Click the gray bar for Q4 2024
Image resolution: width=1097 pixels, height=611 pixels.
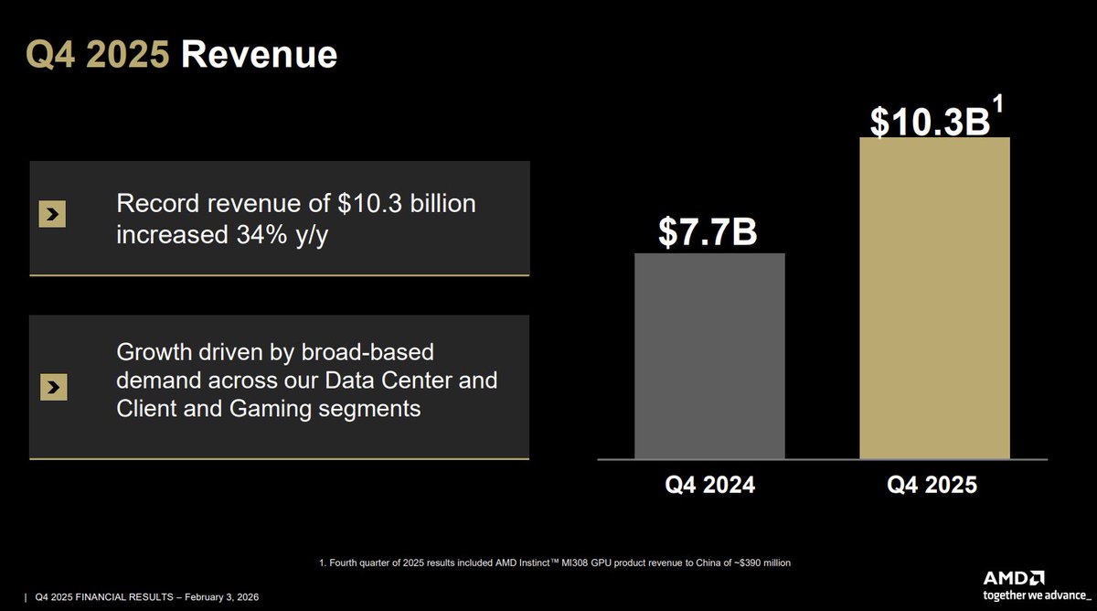click(x=709, y=356)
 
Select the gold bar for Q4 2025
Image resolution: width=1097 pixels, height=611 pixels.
click(x=934, y=298)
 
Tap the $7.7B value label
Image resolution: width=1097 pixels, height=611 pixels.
click(x=708, y=232)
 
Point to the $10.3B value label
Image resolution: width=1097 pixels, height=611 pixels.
click(x=929, y=122)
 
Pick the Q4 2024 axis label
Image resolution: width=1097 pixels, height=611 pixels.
click(x=709, y=485)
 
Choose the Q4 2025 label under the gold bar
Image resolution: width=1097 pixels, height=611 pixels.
click(x=932, y=485)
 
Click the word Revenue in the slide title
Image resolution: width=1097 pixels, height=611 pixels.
click(x=259, y=55)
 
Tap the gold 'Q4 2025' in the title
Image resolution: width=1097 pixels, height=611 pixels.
click(x=97, y=55)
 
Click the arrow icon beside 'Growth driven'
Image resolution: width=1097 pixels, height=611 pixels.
click(x=54, y=388)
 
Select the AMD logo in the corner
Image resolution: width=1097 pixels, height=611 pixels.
click(x=1014, y=578)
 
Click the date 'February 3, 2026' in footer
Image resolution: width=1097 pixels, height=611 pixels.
click(x=213, y=597)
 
